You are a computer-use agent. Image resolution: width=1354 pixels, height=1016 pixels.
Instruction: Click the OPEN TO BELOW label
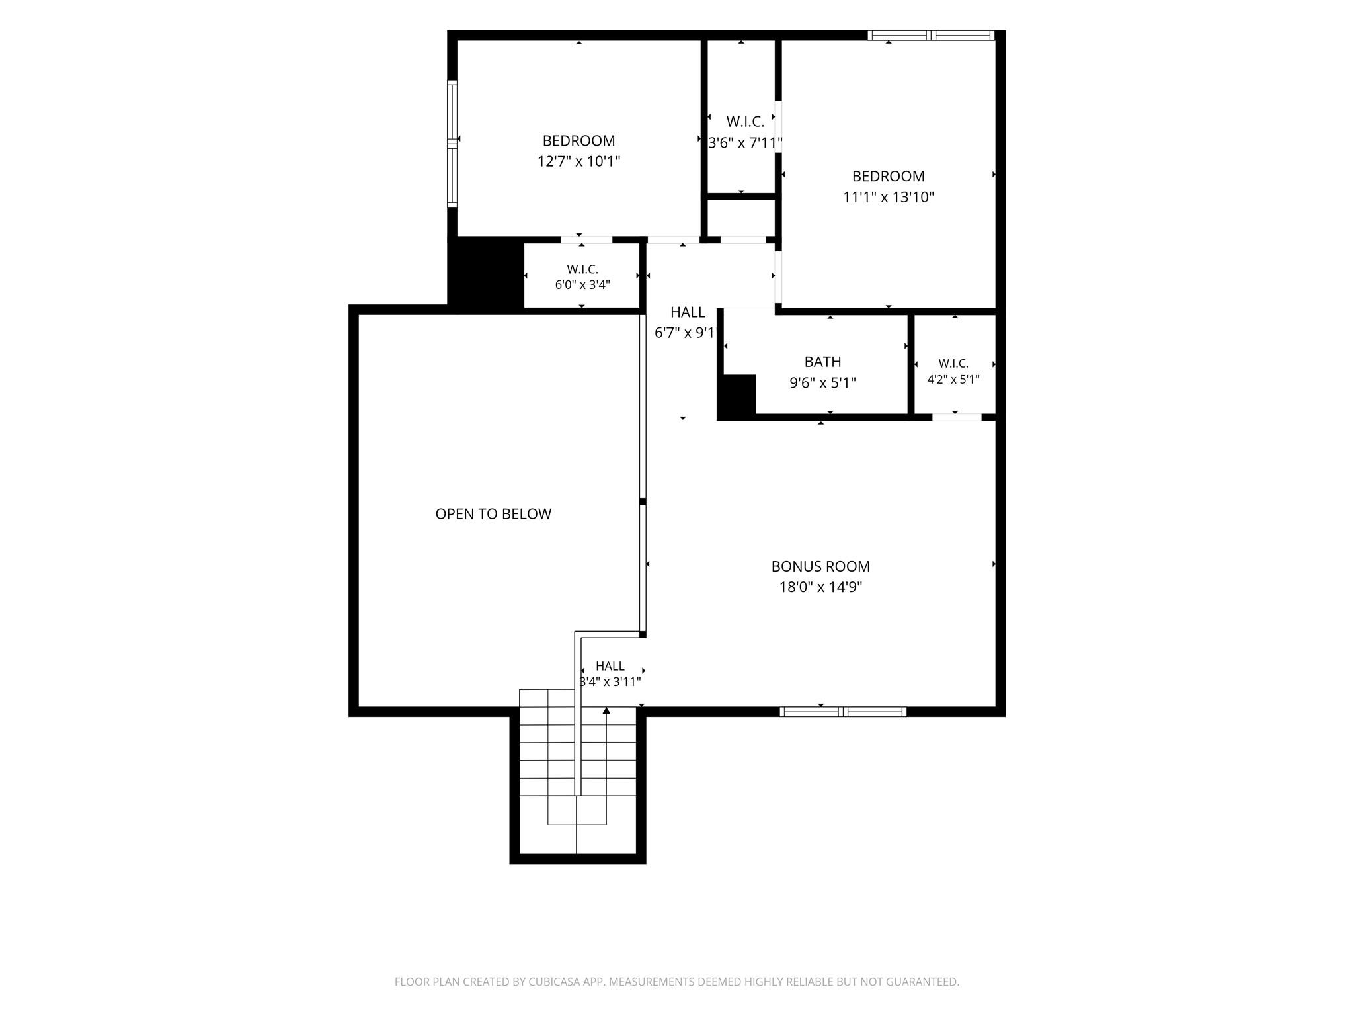pos(493,514)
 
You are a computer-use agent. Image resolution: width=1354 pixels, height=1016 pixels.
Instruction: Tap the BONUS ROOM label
pos(820,566)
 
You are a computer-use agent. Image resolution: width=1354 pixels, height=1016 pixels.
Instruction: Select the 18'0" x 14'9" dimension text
pos(820,587)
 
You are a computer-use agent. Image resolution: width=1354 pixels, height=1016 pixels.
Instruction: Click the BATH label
pos(822,362)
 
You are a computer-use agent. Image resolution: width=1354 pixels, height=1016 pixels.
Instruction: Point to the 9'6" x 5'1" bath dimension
pos(822,383)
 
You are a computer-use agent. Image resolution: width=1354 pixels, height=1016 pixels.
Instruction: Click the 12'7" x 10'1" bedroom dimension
pos(578,161)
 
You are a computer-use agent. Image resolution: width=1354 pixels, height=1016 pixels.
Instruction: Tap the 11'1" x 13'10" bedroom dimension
pos(888,197)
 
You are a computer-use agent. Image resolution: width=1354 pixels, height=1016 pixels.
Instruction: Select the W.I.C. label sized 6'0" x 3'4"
pos(582,269)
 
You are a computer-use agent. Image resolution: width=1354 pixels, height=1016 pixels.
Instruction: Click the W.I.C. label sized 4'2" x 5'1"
pos(953,364)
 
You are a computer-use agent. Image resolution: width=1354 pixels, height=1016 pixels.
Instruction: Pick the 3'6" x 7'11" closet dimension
pos(745,143)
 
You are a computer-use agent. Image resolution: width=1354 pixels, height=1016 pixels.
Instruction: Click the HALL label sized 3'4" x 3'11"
pos(610,666)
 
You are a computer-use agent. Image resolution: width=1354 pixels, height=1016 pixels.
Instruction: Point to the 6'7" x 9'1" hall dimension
pos(686,333)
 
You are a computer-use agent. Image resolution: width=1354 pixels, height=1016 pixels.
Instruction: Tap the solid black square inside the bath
pos(737,396)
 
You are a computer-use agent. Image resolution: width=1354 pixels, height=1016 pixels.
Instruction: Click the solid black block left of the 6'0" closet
pos(485,275)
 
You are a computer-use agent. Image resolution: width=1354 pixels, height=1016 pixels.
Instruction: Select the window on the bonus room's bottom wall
pos(843,712)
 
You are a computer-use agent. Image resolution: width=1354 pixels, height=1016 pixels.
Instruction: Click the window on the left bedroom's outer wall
pos(452,144)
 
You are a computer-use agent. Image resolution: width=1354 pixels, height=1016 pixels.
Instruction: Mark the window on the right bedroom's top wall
pos(931,35)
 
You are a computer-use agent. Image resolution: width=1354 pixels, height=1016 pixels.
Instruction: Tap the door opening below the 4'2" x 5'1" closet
pos(957,417)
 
